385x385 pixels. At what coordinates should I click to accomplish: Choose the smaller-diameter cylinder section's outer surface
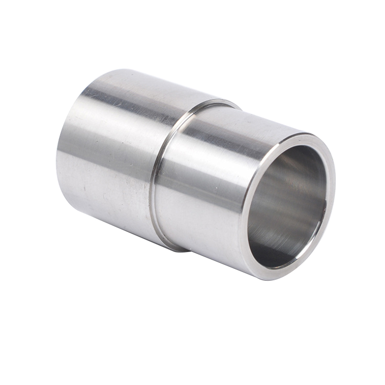click(x=205, y=195)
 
